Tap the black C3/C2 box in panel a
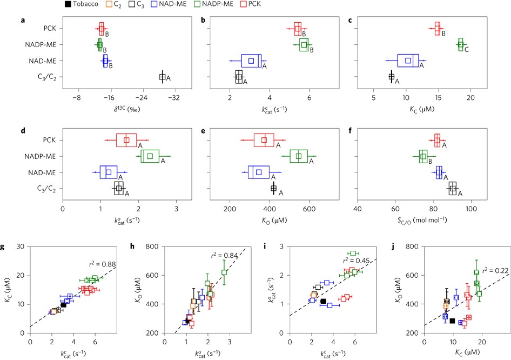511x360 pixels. pos(162,77)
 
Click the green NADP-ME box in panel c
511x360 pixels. pos(461,45)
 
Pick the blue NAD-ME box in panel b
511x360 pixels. pos(251,61)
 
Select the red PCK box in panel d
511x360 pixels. pos(126,140)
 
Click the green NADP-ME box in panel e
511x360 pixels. pos(299,156)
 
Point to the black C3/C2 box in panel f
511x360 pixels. pos(453,188)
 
